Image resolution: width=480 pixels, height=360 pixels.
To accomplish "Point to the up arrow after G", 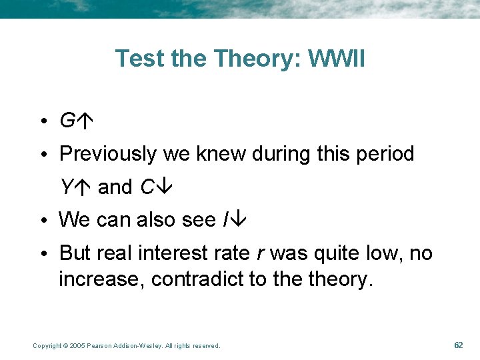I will click(x=83, y=121).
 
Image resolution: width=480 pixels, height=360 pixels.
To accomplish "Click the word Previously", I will click(x=108, y=155).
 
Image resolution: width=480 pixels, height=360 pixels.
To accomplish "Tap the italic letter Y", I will click(x=66, y=187).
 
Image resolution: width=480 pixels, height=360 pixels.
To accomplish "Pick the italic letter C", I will click(x=147, y=187).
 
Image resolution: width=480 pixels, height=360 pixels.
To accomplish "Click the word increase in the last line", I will click(x=101, y=279).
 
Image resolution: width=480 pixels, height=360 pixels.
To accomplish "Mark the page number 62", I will click(x=458, y=345).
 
